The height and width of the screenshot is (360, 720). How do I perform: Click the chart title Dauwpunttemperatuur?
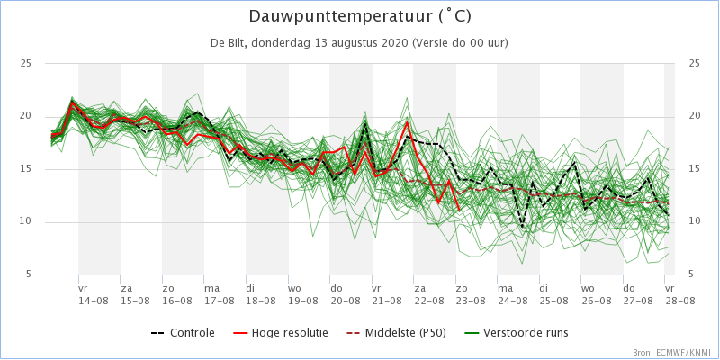360,17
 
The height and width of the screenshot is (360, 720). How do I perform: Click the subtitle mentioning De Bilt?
359,43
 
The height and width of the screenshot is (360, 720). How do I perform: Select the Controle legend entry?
183,332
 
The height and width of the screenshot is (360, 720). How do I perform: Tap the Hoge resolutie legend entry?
281,332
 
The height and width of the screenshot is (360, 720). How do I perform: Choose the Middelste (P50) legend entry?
397,332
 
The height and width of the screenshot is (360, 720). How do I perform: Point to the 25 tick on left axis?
25,63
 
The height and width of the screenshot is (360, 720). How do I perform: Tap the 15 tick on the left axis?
25,169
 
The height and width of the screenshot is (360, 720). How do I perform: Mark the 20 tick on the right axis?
693,116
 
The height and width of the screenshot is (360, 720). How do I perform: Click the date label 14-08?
90,301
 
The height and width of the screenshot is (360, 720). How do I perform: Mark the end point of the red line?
459,211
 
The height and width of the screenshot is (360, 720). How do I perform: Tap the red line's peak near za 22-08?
407,122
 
